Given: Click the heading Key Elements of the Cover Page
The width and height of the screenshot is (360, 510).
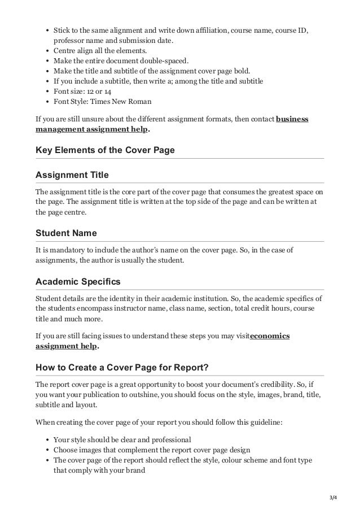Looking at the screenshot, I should click(105, 150).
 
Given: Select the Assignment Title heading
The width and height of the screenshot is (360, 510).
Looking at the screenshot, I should click(72, 175).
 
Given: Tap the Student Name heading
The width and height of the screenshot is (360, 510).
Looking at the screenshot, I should click(66, 233).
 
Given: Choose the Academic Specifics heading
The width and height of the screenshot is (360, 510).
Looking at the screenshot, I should click(78, 281).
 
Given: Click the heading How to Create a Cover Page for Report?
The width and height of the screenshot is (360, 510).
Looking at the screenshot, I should click(122, 368).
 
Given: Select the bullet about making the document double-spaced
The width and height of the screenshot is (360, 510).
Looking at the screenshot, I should click(121, 60).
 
